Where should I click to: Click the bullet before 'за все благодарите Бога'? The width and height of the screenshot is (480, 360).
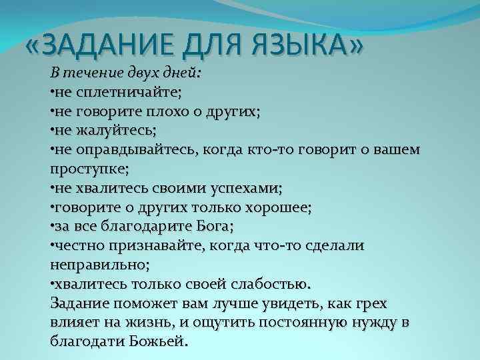click(x=52, y=227)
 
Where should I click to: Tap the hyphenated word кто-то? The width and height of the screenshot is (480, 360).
click(x=259, y=149)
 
